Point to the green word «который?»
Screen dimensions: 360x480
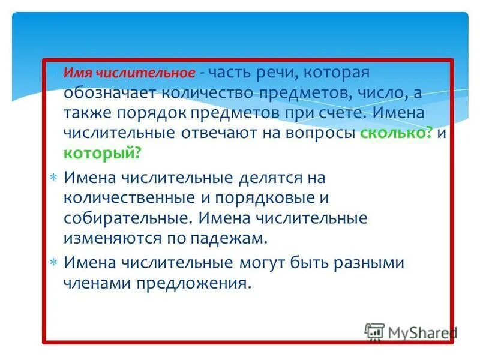(x=103, y=154)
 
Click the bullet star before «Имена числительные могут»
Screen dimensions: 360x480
(x=53, y=263)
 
